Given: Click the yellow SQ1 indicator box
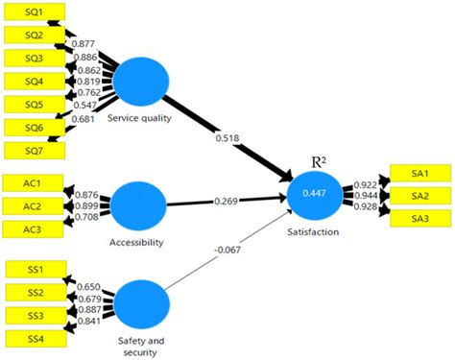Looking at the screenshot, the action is [35, 12].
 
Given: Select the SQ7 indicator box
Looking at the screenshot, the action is [35, 151].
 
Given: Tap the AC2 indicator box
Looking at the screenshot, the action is [33, 206].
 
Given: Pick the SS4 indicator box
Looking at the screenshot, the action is [36, 339].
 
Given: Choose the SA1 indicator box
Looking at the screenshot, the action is [420, 173].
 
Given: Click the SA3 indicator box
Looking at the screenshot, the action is [420, 219].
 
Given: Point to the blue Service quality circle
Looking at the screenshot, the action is [141, 82].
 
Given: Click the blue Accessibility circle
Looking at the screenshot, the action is [138, 205].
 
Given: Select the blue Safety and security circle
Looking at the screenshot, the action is [141, 304].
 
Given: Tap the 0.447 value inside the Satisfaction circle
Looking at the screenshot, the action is [314, 193].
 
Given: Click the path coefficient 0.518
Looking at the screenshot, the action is [227, 138].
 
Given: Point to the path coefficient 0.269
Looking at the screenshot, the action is [227, 201].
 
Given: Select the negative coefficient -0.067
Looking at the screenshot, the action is [227, 250].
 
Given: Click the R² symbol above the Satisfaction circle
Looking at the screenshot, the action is [319, 162].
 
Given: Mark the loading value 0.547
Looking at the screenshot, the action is [84, 105].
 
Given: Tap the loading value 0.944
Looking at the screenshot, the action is [366, 195].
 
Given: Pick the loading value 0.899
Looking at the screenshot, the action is [86, 205].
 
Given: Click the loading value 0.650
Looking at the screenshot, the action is [88, 286].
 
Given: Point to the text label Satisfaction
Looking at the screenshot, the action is [313, 231].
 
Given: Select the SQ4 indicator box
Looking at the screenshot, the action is [35, 82].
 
